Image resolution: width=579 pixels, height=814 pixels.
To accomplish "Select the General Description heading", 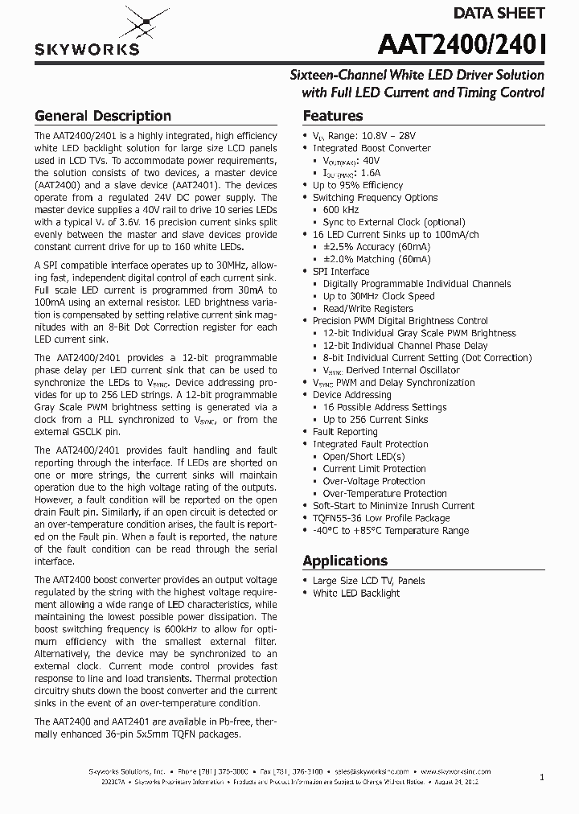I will [102, 116].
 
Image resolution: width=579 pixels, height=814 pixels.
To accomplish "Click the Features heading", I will [333, 116].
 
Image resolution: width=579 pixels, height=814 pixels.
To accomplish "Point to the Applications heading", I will [345, 561].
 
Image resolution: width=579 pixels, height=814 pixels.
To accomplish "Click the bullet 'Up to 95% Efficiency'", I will [358, 185].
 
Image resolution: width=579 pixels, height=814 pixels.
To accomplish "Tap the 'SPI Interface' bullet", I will [341, 271].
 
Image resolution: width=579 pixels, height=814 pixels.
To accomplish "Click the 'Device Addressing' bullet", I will [351, 395].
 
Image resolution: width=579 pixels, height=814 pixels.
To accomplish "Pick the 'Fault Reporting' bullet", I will [345, 432].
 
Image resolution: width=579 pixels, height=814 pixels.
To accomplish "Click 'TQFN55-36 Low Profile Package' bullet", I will [380, 518].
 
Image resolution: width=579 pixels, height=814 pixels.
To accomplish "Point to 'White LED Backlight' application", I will [356, 593].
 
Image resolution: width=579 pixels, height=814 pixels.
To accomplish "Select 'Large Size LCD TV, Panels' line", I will [368, 581].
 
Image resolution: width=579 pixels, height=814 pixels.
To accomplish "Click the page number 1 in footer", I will [542, 777].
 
